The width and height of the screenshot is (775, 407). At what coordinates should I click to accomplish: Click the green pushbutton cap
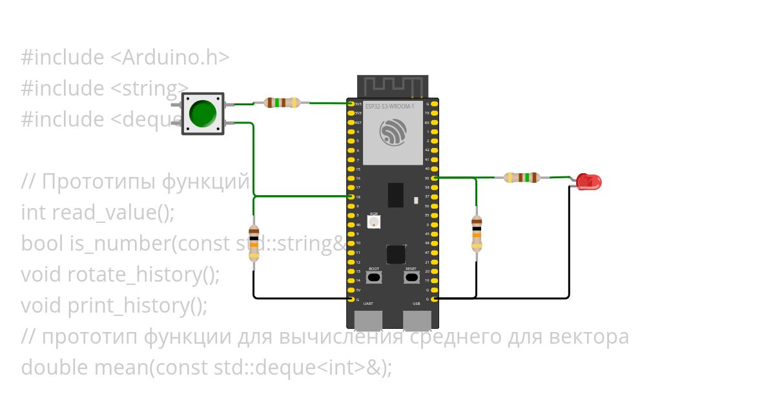203,113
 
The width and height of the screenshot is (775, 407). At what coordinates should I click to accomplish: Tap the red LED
588,182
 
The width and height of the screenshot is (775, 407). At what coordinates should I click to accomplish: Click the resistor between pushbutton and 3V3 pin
282,103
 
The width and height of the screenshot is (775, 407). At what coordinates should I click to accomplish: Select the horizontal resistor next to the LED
522,178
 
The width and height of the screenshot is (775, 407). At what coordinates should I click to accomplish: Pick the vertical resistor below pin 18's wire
254,243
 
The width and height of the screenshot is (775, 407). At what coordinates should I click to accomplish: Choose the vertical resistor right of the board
477,233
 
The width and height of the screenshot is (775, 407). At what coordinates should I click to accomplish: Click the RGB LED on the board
373,222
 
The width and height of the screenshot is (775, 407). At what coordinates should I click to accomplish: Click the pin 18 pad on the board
351,196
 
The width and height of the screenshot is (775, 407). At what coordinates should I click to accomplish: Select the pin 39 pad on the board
435,178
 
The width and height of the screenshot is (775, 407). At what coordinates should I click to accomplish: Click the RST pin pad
351,122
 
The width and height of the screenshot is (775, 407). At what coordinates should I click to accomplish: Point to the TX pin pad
435,113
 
